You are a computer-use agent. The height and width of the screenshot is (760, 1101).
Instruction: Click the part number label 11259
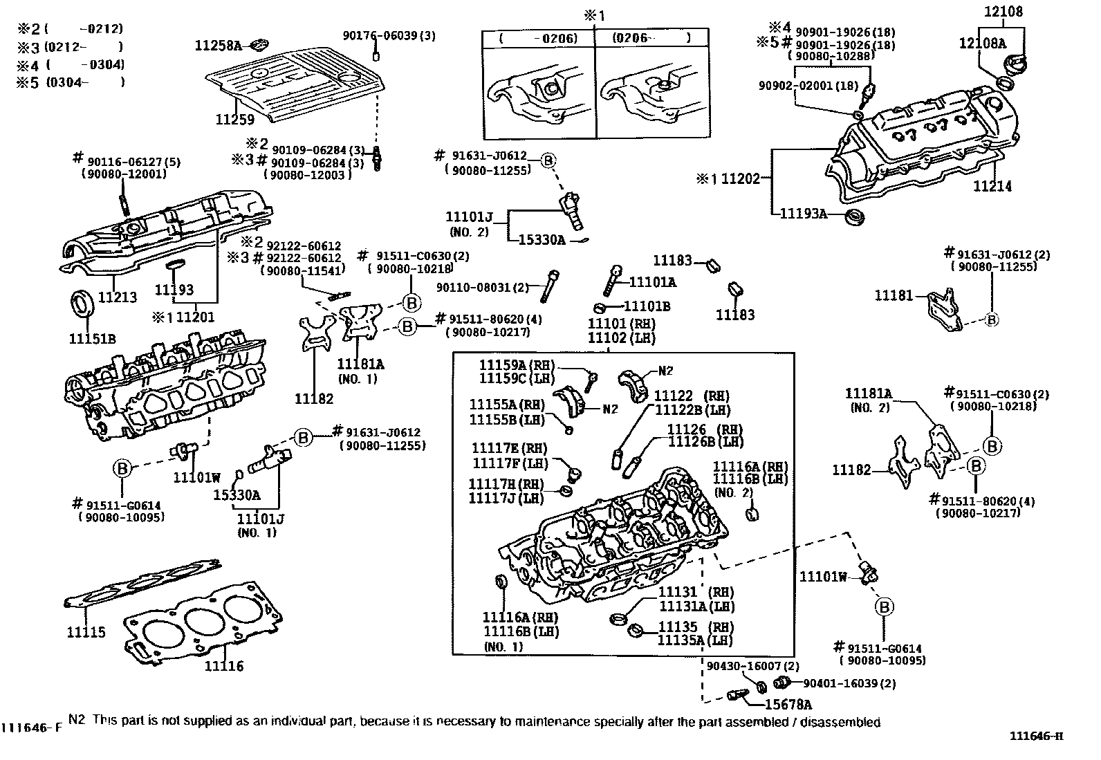point(234,120)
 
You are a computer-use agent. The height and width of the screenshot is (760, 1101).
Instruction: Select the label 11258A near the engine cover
point(218,46)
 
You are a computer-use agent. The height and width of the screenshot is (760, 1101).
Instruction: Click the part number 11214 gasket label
point(992,186)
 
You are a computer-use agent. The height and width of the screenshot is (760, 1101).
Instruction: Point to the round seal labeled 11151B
point(82,304)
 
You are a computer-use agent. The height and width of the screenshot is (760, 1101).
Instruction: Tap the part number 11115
point(86,632)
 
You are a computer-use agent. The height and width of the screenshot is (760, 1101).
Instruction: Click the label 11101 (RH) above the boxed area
point(621,324)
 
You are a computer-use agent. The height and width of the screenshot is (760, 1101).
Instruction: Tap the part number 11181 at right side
point(894,295)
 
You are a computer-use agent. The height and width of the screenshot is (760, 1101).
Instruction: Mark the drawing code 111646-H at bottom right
point(1035,735)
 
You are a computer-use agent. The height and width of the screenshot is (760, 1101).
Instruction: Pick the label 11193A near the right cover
point(804,213)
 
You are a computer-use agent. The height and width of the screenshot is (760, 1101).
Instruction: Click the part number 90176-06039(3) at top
point(389,35)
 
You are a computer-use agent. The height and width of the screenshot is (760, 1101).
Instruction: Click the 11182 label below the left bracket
point(314,398)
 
